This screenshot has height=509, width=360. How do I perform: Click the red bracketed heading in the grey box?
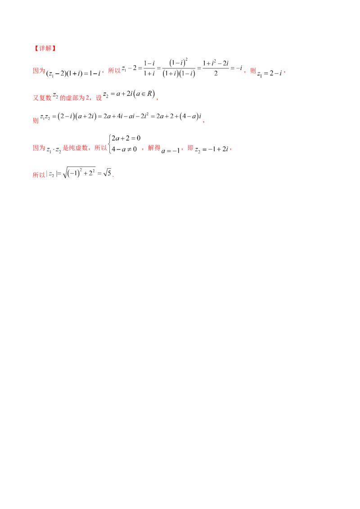(45, 48)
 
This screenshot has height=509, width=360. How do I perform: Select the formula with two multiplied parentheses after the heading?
(73, 74)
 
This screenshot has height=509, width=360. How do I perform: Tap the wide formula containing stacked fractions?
(181, 69)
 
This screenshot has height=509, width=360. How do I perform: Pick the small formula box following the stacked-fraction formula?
(270, 73)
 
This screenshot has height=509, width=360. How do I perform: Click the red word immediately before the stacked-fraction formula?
(113, 71)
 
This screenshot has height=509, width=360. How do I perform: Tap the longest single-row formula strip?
(120, 117)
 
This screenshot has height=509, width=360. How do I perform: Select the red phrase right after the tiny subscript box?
(77, 147)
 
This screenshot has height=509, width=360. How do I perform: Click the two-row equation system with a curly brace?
(124, 144)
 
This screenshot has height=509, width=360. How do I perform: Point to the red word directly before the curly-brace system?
(99, 147)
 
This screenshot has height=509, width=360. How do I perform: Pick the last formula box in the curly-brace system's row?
(211, 149)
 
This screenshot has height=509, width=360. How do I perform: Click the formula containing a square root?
(79, 171)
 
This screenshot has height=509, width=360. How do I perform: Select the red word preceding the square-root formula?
(38, 175)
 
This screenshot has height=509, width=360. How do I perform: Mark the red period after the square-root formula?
(114, 177)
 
